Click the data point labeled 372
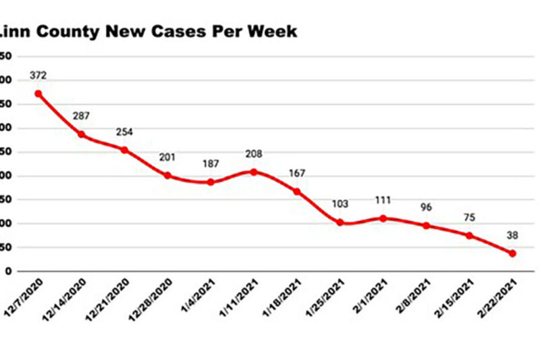point(38,94)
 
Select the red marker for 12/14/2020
point(82,134)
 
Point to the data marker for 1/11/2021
point(254,172)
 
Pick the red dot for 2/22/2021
point(513,253)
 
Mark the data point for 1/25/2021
point(340,222)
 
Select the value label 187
point(211,164)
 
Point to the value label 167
point(297,174)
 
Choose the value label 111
point(383,201)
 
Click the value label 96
point(427,208)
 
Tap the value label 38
point(513,236)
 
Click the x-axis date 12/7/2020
point(25,297)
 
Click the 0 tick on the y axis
point(7,272)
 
